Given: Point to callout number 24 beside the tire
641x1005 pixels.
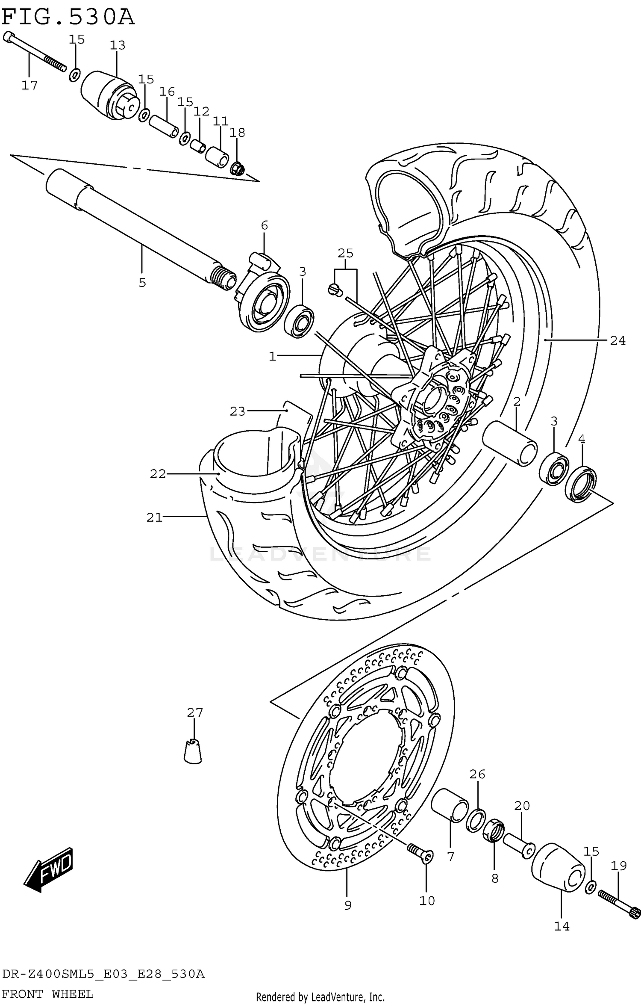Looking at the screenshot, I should click(x=617, y=340).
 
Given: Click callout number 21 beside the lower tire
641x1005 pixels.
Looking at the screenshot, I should click(x=154, y=517).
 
